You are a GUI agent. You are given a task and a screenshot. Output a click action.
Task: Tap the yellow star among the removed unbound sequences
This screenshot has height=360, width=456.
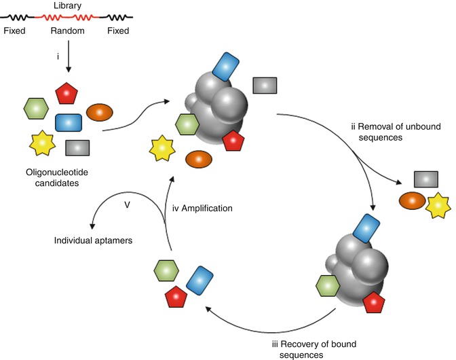click(x=438, y=204)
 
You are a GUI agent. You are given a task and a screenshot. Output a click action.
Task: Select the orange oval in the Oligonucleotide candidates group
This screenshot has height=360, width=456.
click(x=99, y=112)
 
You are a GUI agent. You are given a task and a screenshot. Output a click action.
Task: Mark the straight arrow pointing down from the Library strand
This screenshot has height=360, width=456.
click(x=68, y=57)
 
